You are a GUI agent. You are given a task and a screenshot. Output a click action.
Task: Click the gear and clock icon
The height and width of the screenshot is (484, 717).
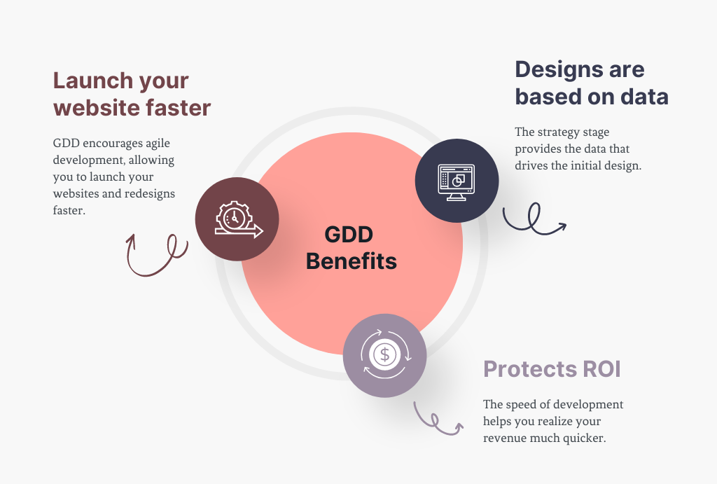(x=239, y=219)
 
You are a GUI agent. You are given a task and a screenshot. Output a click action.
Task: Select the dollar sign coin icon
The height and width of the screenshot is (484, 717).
(x=385, y=354)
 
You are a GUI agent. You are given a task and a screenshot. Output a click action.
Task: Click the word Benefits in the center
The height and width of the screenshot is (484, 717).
(x=351, y=261)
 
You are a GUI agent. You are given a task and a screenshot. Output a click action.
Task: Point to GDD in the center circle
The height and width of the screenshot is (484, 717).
(x=349, y=235)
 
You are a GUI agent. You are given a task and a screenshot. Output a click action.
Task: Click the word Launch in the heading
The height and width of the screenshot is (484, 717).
(x=92, y=81)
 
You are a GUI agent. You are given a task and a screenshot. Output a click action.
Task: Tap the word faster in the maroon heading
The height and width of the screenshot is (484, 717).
(x=179, y=108)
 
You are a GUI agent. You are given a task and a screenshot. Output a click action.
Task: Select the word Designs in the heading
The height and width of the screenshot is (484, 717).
(x=555, y=70)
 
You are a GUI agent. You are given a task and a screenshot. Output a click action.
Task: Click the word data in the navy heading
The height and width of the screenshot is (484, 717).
(x=644, y=97)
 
